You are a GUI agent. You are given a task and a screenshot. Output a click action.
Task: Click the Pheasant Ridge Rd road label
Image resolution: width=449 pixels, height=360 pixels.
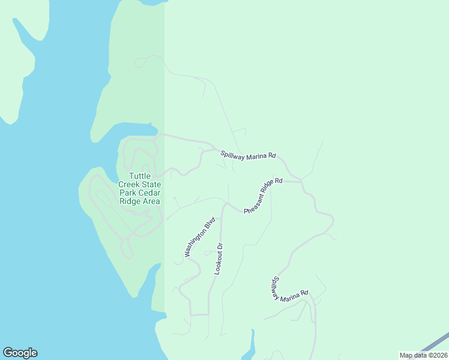click(x=263, y=196)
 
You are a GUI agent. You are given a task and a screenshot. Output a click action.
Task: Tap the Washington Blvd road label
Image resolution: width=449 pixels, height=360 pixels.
click(x=200, y=238)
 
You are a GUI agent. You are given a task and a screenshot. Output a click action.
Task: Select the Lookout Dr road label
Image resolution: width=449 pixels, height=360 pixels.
click(x=219, y=259)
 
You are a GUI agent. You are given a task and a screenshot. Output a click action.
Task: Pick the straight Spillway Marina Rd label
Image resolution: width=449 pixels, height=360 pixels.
click(x=248, y=154)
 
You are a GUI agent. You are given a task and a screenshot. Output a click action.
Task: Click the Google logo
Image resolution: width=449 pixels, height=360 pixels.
click(x=20, y=353)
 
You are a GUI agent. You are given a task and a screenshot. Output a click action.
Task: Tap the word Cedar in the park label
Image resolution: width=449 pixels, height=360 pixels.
click(x=149, y=193)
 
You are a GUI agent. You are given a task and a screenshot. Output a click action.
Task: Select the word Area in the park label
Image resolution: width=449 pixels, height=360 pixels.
click(x=151, y=202)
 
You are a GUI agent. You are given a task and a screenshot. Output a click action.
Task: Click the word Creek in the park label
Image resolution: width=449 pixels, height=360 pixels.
click(x=129, y=185)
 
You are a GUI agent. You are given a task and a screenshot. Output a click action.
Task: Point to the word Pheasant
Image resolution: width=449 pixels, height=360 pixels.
click(x=256, y=202)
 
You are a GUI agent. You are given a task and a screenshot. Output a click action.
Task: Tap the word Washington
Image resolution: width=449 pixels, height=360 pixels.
click(x=196, y=244)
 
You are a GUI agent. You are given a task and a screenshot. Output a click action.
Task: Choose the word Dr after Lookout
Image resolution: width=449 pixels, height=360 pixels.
click(x=220, y=247)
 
